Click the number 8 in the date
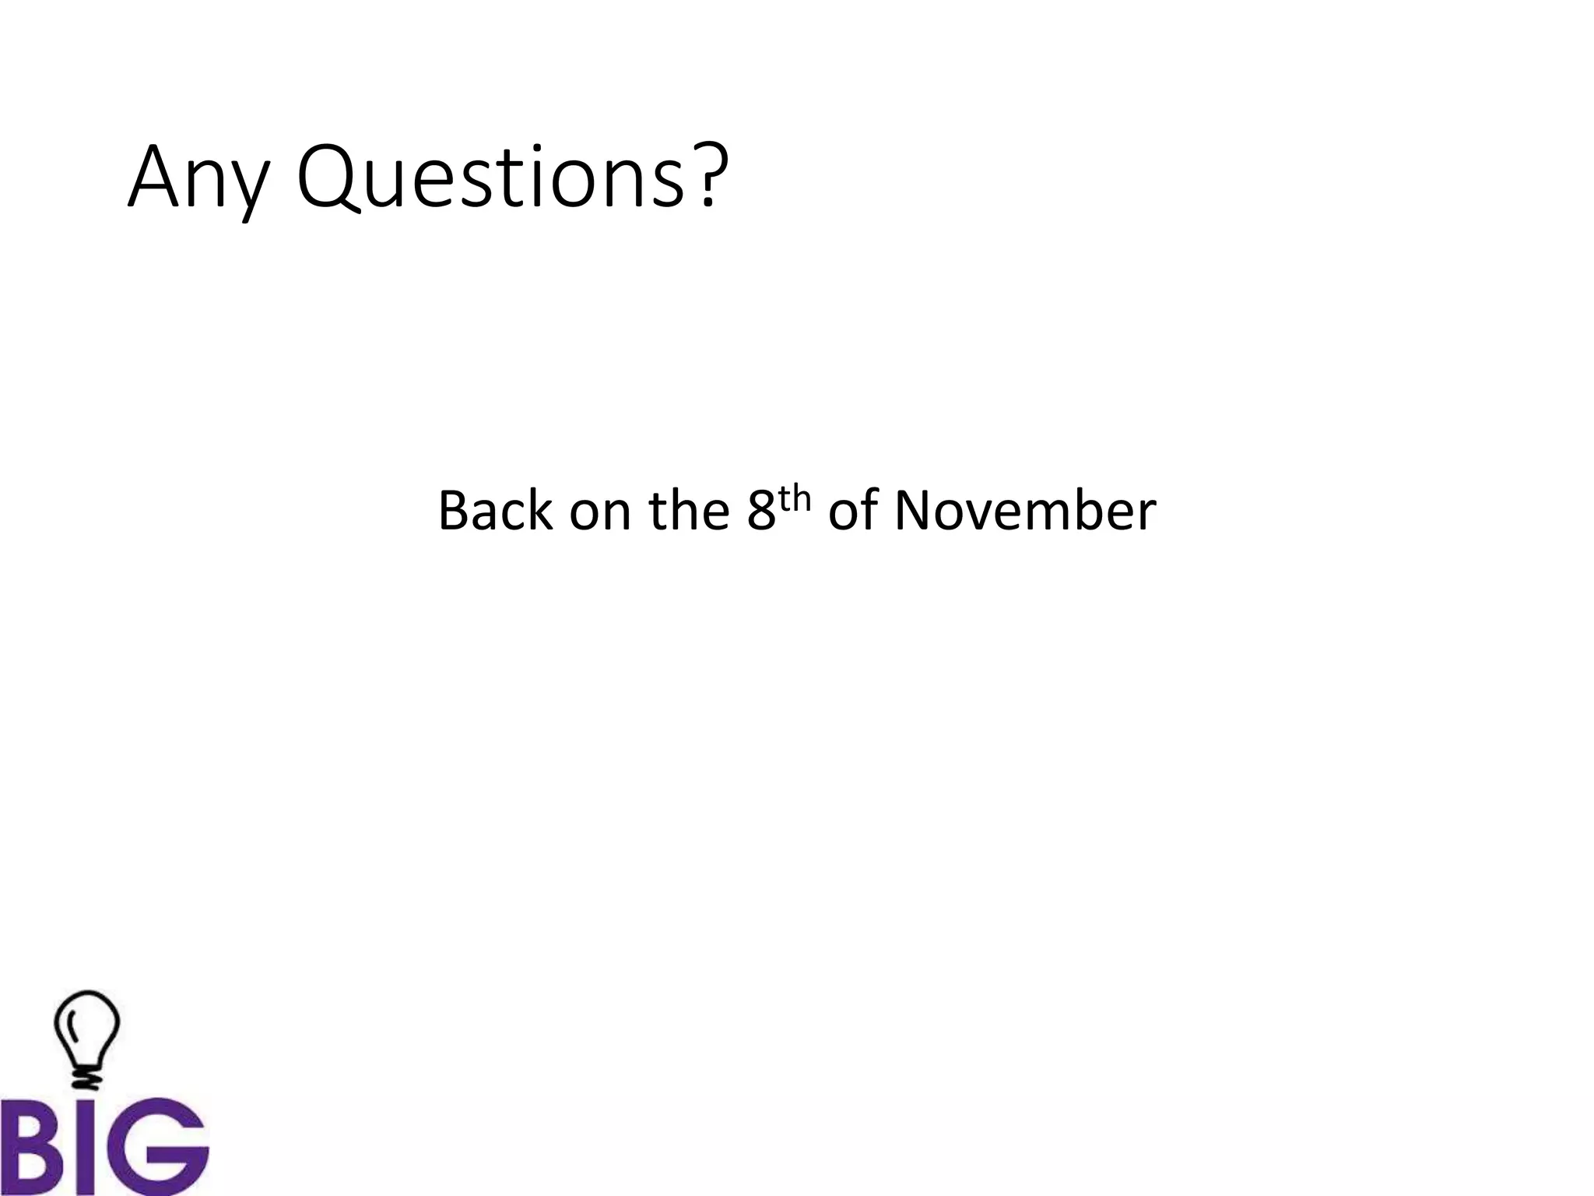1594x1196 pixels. [762, 512]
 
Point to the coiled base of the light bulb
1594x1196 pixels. [86, 1078]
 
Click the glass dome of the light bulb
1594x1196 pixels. [86, 1025]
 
